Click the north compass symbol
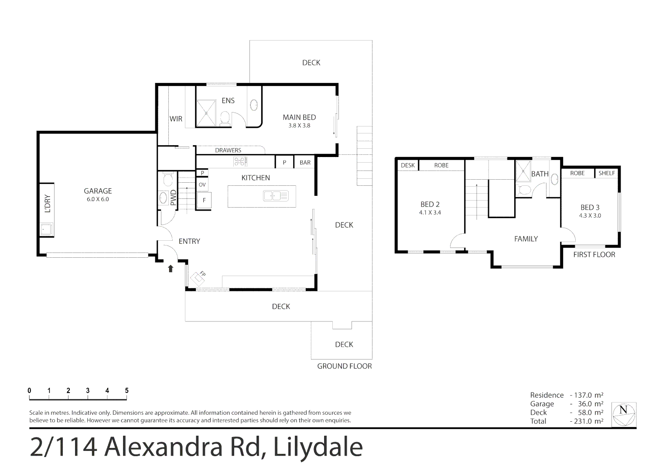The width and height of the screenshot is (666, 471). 624,414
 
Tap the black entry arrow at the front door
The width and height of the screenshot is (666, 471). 171,268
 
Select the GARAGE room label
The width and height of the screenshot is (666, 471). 98,191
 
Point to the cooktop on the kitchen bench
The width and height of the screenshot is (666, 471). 240,162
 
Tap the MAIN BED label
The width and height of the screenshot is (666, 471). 299,117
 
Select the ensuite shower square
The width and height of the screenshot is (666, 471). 206,112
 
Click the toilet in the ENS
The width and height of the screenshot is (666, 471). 225,118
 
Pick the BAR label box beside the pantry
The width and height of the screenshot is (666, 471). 305,162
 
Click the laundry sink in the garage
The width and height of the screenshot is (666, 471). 46,229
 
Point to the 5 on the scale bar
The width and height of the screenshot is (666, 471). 126,391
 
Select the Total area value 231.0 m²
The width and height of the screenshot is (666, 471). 587,421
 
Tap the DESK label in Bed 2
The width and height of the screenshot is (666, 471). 408,165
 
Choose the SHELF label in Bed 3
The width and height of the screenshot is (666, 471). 607,173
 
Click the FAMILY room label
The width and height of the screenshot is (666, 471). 526,239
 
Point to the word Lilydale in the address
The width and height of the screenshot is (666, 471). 318,447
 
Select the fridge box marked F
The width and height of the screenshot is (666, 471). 204,201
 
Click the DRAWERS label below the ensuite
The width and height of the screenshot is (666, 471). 228,150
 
